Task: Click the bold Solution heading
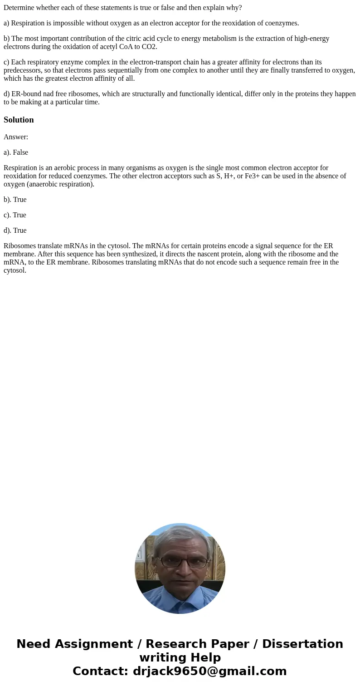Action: (x=19, y=120)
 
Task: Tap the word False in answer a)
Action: (x=20, y=152)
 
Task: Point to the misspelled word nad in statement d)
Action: (x=44, y=94)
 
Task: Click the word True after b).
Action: (x=20, y=200)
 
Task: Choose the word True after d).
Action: (x=20, y=230)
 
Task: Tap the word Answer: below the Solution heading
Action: (x=16, y=137)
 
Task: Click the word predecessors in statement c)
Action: (x=22, y=70)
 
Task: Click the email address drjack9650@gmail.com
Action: (x=210, y=671)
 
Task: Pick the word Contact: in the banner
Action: (x=100, y=671)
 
